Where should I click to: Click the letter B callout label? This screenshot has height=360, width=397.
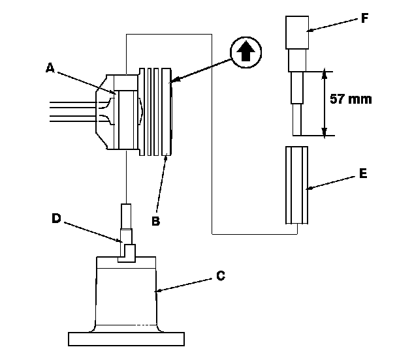(155, 221)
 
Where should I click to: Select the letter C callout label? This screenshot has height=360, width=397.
(220, 277)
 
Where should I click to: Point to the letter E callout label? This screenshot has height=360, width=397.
(362, 175)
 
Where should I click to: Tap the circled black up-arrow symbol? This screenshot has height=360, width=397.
(246, 52)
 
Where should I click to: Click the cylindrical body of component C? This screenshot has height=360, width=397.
(127, 293)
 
